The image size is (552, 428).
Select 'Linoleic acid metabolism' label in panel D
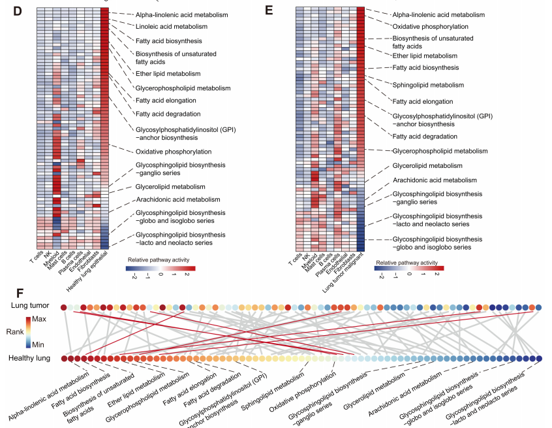(x=172, y=27)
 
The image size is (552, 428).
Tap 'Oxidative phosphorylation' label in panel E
(x=430, y=26)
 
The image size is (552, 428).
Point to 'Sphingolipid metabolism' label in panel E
(x=428, y=85)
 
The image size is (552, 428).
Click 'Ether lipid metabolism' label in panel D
(x=168, y=74)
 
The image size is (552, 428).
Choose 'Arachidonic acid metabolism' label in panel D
(x=178, y=199)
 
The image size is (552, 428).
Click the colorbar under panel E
(x=409, y=268)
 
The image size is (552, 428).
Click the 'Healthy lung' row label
(x=30, y=358)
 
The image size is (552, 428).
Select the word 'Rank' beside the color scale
(x=16, y=332)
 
